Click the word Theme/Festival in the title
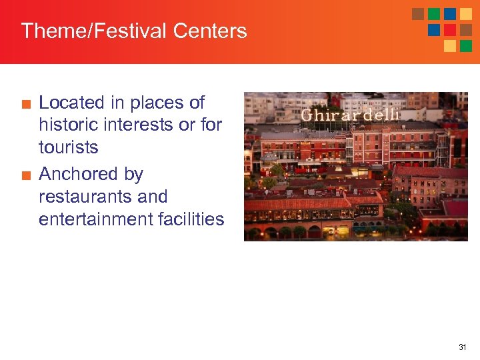94,31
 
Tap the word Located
72,103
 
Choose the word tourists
69,147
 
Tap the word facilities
193,219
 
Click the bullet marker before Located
25,104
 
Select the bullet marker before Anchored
25,175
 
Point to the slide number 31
463,347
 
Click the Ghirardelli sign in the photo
350,115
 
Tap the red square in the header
450,30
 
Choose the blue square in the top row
450,14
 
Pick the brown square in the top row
418,14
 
